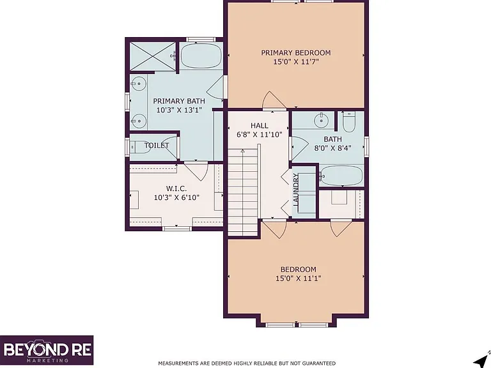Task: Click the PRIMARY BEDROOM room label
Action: coord(296,52)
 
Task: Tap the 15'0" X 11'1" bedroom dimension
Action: coord(299,278)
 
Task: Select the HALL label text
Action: coord(260,126)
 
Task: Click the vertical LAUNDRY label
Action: coord(296,190)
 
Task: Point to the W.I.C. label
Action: coord(176,188)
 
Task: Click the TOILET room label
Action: coord(157,146)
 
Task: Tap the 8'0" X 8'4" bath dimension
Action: coord(332,148)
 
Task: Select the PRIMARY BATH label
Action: coord(179,101)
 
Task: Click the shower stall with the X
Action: coord(153,56)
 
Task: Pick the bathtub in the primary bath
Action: coord(201,56)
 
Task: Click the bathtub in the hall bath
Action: coord(341,176)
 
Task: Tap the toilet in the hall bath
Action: coord(348,122)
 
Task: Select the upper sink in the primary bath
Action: coord(138,84)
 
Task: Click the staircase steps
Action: coord(243,192)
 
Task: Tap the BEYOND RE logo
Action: coord(47,350)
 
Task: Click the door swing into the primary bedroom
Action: coord(270,100)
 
